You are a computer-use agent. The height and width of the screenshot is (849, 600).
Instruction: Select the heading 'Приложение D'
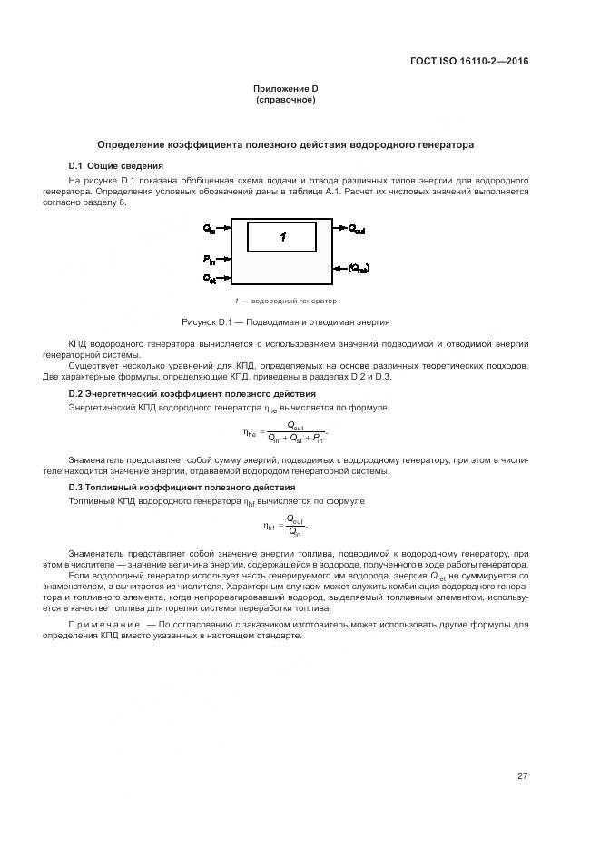(285, 89)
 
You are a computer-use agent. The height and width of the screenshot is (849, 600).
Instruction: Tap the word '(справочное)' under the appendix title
(285, 100)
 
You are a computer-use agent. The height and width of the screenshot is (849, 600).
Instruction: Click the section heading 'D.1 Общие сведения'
(115, 166)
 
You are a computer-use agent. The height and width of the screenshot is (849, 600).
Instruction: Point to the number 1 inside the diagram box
(283, 237)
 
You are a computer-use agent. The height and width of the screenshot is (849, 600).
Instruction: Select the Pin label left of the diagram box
(210, 260)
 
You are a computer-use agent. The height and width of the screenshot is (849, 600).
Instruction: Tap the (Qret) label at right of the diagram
(359, 268)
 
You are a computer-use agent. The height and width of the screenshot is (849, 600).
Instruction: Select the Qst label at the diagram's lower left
(210, 277)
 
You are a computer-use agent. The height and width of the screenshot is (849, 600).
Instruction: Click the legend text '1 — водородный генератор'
(285, 301)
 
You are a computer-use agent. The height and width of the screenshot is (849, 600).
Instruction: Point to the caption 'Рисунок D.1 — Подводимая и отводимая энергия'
(285, 321)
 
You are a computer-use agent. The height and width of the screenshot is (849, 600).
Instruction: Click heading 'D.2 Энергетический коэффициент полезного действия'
(192, 394)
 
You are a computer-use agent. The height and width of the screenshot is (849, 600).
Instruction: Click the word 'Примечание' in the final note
(104, 625)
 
